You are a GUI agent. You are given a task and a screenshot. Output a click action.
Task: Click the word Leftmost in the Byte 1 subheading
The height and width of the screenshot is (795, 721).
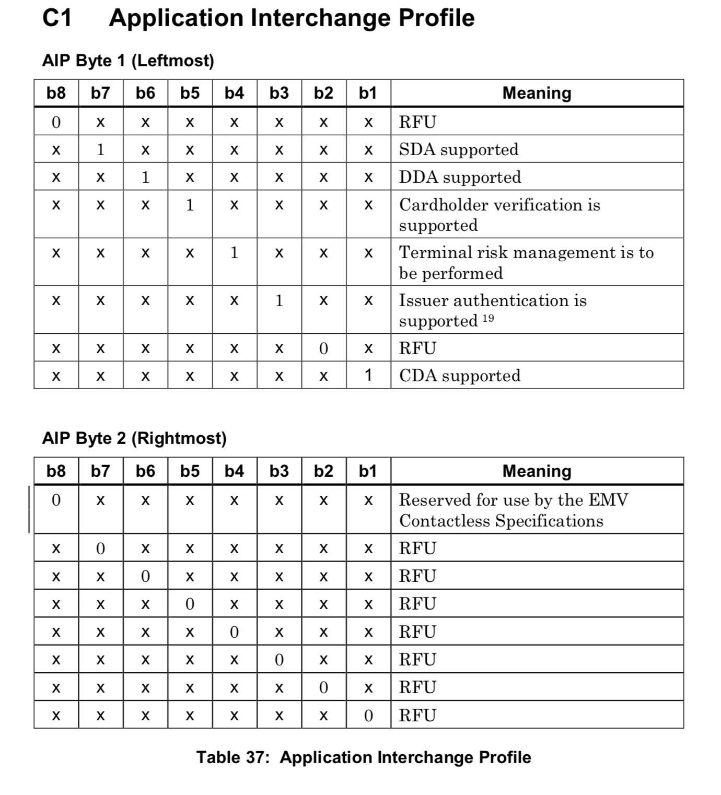[172, 61]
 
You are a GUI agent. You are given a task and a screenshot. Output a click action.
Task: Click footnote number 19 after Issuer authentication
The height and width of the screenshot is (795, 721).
[488, 319]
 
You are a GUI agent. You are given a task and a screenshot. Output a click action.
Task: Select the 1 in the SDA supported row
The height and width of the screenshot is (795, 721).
[101, 149]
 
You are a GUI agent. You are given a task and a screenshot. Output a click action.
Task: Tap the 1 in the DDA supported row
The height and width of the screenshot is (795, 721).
[145, 177]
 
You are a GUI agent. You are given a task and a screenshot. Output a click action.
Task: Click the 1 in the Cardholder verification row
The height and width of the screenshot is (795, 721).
[190, 205]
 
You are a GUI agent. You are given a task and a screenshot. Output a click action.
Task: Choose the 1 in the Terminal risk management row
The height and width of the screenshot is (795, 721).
[235, 253]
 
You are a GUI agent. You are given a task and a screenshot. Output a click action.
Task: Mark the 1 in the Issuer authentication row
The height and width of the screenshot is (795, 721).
[279, 300]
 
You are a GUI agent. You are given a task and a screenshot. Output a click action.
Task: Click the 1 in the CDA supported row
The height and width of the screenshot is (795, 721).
[368, 376]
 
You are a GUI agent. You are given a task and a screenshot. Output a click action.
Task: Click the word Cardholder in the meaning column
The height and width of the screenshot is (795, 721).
[444, 205]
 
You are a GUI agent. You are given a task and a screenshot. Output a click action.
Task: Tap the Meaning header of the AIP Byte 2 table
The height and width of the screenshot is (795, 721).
[537, 471]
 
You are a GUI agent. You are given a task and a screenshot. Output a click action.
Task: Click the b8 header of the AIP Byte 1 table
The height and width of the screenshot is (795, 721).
[56, 93]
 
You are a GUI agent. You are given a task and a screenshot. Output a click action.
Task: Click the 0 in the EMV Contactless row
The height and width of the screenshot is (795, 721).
[56, 500]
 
